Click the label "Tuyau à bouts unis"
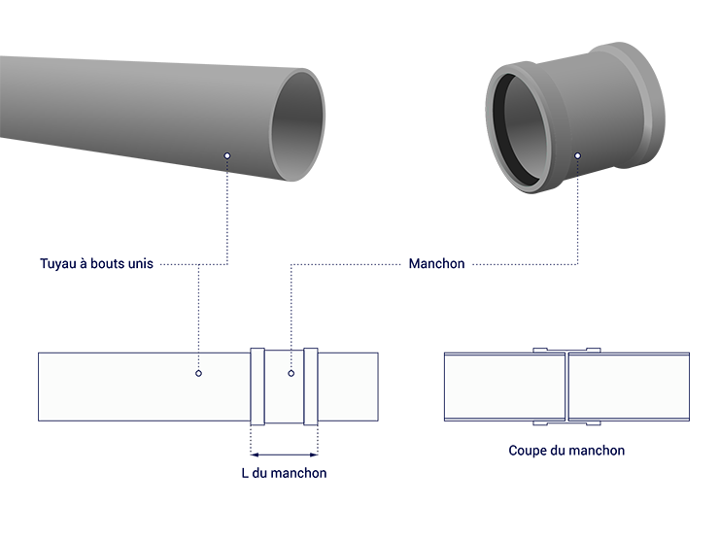click(96, 264)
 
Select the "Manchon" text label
click(436, 264)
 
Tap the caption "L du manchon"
click(284, 473)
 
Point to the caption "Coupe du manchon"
click(566, 451)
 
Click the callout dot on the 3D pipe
click(227, 155)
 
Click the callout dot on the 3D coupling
click(577, 155)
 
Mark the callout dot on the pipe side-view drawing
click(198, 374)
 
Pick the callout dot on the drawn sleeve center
click(291, 374)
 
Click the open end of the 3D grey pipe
click(298, 124)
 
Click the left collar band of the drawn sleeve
click(257, 387)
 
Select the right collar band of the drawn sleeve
click(311, 387)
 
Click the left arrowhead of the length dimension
click(255, 455)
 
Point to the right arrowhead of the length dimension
click(314, 455)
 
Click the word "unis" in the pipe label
click(140, 264)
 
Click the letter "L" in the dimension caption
click(245, 473)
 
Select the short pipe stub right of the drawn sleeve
click(348, 387)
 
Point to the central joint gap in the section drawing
click(566, 387)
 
